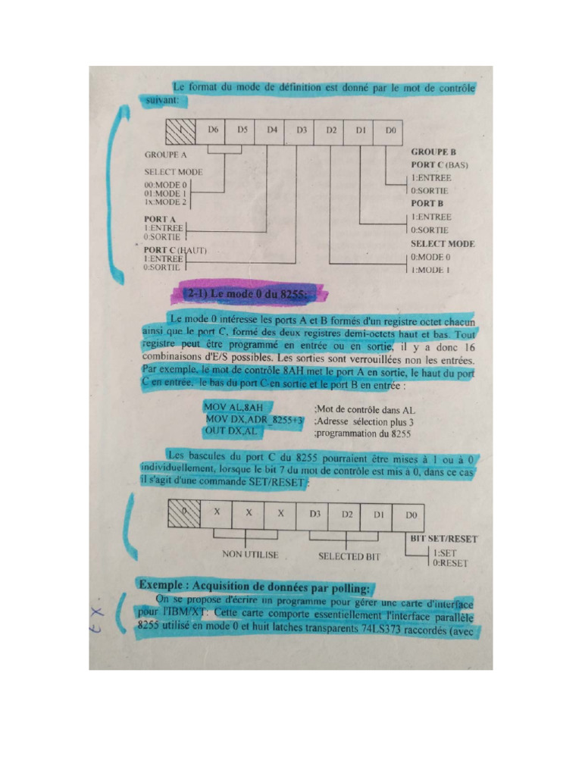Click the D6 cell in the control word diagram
coord(214,130)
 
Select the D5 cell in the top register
coord(242,130)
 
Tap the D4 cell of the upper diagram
coord(272,130)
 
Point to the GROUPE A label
coord(165,154)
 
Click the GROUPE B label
coord(433,152)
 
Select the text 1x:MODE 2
coord(164,202)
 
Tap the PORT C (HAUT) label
coord(176,249)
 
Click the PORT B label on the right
coord(427,203)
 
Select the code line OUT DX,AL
coord(231,430)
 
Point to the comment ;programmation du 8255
coord(362,434)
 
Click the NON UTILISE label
coord(250,555)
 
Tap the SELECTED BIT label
coord(349,556)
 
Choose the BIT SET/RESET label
coord(444,539)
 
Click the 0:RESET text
coord(450,563)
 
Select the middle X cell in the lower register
coord(249,513)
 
